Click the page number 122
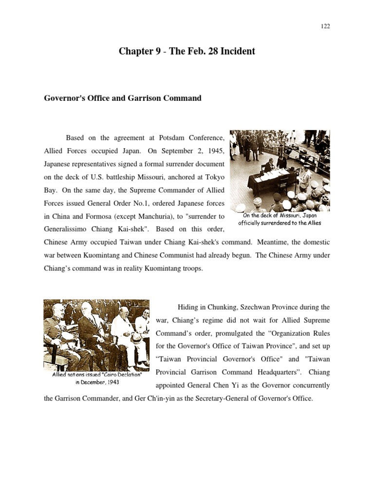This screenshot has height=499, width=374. tap(326, 26)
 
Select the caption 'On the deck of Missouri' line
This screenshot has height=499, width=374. tap(280, 215)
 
